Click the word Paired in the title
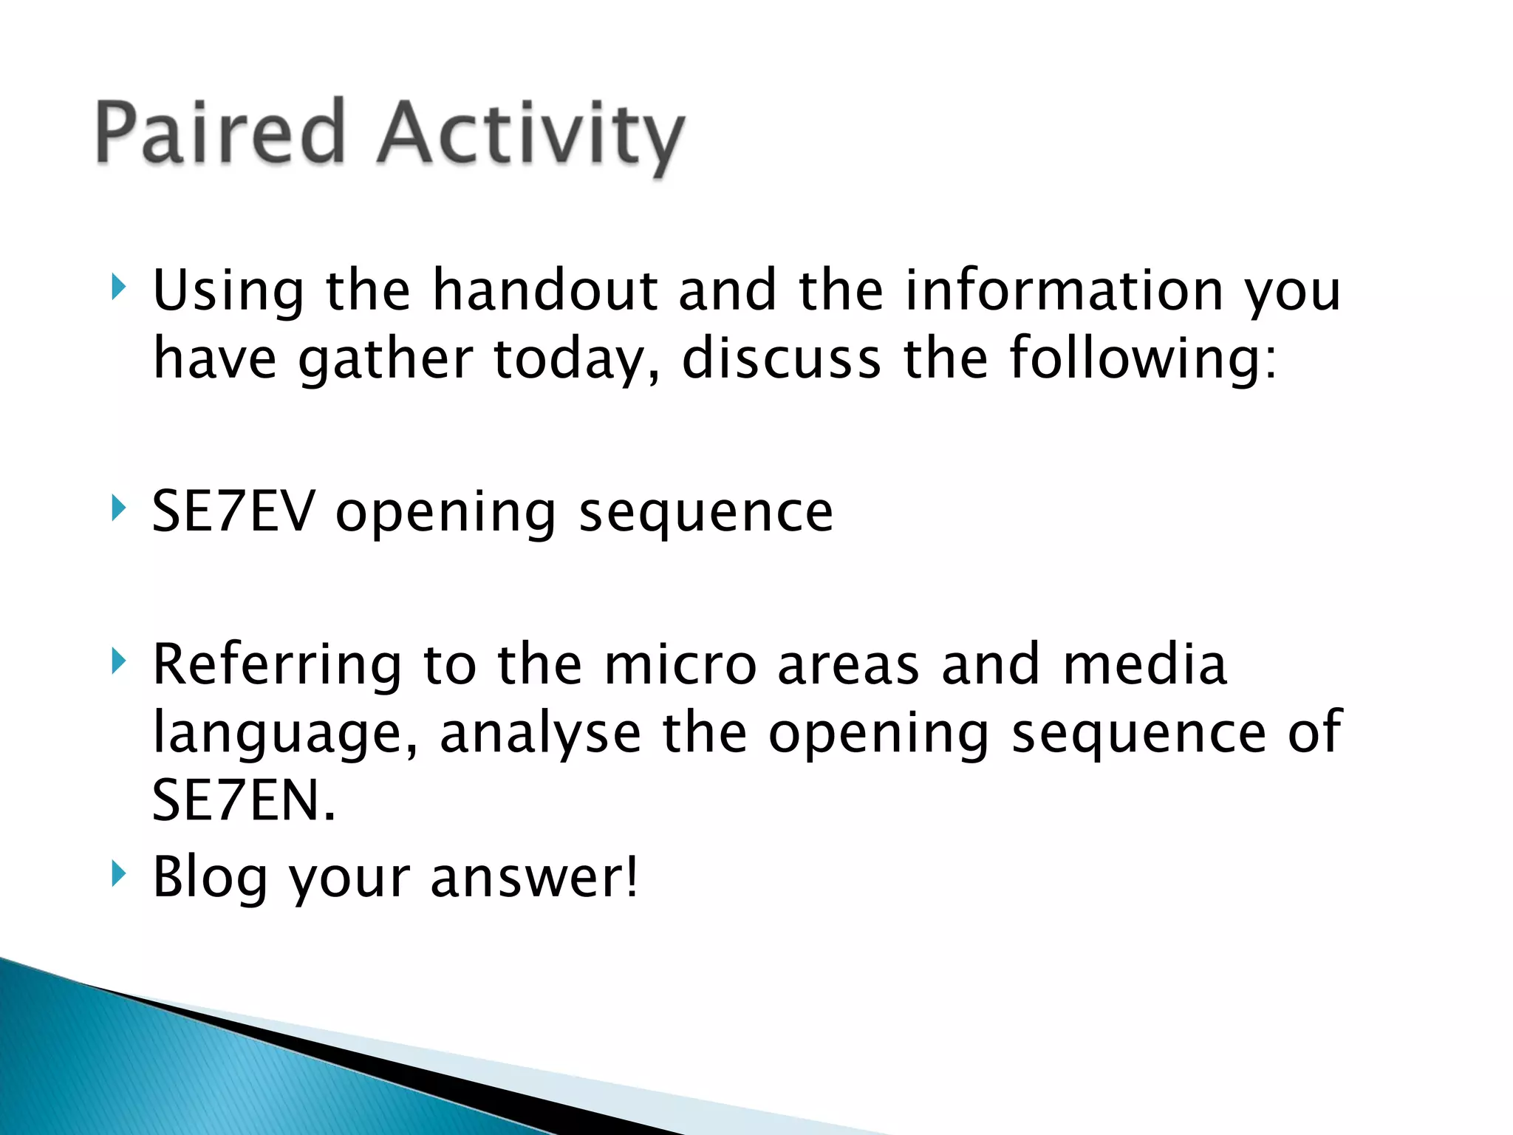click(220, 133)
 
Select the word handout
click(544, 290)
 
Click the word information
click(1064, 290)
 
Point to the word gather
click(385, 360)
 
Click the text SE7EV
click(233, 511)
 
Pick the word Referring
click(277, 665)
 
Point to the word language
click(285, 734)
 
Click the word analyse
click(540, 734)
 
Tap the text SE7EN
click(244, 801)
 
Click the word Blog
click(210, 877)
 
